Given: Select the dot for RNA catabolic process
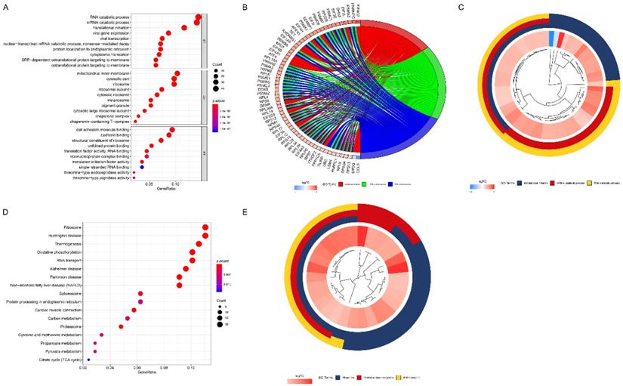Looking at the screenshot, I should (x=198, y=17).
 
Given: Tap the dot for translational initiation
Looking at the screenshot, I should (x=184, y=29).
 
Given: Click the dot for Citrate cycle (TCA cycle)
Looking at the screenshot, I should (x=88, y=360).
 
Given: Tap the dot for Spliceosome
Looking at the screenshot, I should (x=140, y=293).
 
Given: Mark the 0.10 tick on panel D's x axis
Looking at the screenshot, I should (x=191, y=368).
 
